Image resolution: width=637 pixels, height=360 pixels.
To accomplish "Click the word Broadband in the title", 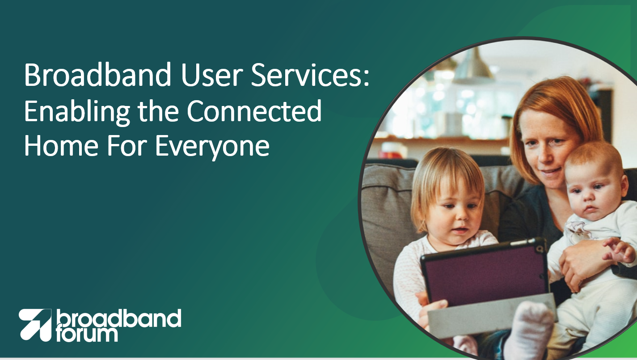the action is [x=97, y=75].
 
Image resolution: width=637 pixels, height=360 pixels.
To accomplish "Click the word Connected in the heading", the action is [x=254, y=111].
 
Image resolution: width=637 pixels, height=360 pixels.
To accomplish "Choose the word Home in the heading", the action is [x=61, y=146].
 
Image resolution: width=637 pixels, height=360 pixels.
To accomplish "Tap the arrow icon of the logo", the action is [x=35, y=325].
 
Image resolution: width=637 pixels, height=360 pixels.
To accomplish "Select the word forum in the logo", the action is [x=87, y=335].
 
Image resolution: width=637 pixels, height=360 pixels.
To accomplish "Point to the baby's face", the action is [x=591, y=194].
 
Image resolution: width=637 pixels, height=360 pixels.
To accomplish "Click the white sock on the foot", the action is [x=529, y=330].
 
